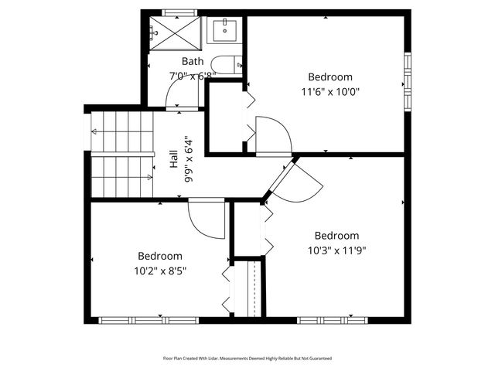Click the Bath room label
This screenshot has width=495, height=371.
pos(193,61)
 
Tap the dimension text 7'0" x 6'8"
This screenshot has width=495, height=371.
pos(193,76)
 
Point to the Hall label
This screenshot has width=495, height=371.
pos(174,158)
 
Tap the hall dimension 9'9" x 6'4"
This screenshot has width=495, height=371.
pos(188,158)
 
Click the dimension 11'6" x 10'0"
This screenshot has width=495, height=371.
pos(330,91)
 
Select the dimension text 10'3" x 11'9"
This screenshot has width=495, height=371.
pos(336,250)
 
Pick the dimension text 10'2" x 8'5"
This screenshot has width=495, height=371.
pos(160,271)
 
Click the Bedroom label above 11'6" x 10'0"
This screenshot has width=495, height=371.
pos(330,77)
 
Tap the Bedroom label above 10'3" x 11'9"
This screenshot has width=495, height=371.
pos(336,236)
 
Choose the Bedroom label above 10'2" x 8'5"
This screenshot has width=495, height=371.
pos(160,256)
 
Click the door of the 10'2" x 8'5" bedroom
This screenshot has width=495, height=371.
pos(206,220)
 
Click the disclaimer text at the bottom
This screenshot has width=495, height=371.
pos(247,359)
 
